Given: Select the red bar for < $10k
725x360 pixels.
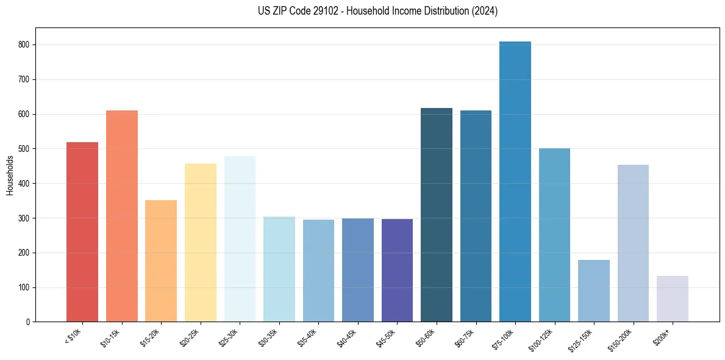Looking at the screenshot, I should pos(82,232).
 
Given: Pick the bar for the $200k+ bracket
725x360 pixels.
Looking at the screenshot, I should pos(673,299).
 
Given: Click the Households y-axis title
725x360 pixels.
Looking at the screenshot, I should pos(10,175).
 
